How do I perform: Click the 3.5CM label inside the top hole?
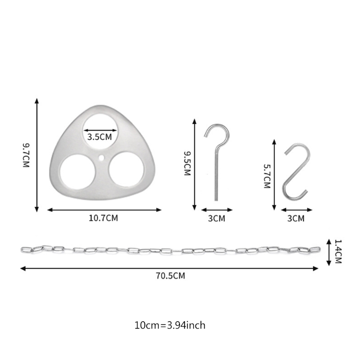click(99, 137)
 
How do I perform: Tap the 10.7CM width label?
click(103, 218)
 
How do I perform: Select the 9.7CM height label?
click(26, 155)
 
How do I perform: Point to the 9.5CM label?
click(188, 163)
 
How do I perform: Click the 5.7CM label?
click(267, 176)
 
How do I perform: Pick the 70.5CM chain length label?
click(171, 275)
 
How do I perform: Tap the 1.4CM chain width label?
click(338, 252)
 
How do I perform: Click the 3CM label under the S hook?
click(296, 218)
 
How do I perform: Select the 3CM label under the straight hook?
click(217, 218)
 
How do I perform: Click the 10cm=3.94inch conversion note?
click(170, 325)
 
